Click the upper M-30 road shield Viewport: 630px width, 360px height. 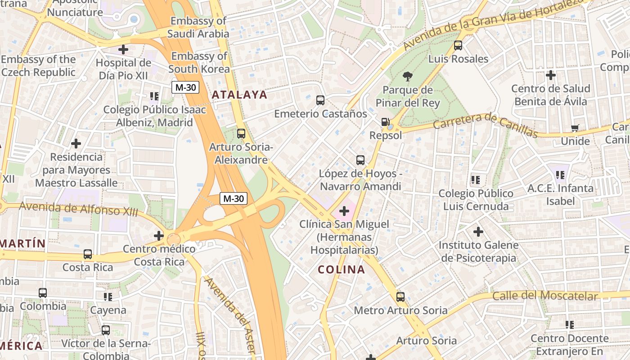[185, 87]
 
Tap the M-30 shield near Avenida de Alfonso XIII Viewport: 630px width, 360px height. [234, 198]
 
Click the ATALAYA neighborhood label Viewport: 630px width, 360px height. [239, 95]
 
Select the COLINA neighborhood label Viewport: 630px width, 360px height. [341, 270]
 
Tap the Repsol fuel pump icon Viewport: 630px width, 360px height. [386, 122]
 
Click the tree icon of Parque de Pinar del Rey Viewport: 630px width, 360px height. [408, 76]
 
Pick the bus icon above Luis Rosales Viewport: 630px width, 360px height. [458, 45]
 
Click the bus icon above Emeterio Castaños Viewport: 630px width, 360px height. [320, 100]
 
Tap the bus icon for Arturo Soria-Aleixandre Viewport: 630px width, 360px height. [241, 134]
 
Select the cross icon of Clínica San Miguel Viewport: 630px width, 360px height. [344, 211]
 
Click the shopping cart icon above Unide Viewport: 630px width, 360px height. [575, 128]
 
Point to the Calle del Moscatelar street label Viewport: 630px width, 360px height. [545, 296]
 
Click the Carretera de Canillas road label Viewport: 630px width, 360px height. [486, 125]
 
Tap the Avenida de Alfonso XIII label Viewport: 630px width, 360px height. [79, 209]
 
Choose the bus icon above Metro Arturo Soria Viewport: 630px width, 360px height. [400, 297]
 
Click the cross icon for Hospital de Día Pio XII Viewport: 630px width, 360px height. [123, 49]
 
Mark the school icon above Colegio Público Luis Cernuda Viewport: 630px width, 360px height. [476, 180]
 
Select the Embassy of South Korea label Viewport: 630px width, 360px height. [199, 63]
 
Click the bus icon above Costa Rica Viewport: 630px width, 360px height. [88, 254]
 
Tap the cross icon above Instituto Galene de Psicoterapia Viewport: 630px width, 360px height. [478, 232]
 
